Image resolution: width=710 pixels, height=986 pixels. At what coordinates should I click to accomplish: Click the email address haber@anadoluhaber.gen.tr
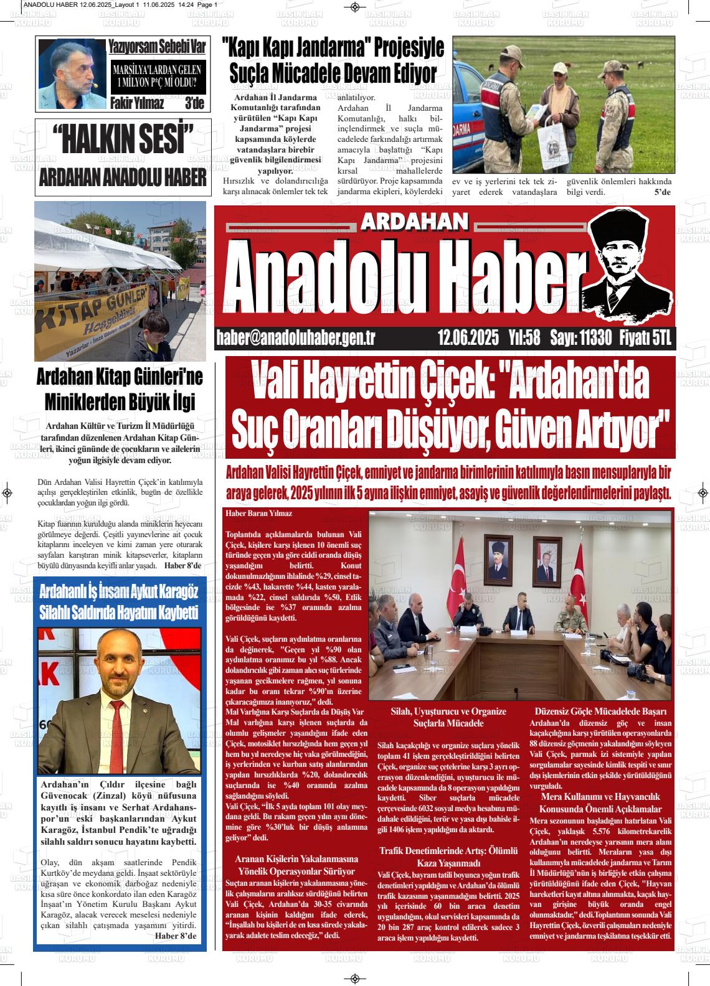click(295, 338)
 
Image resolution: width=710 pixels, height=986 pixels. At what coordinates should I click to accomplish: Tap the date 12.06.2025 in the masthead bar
click(468, 338)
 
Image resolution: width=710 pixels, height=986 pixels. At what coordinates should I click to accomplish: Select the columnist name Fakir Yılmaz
click(137, 103)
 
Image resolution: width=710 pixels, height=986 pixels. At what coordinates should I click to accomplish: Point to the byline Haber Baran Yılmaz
click(258, 514)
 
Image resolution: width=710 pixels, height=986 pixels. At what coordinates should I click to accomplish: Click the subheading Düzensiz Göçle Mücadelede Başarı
click(600, 711)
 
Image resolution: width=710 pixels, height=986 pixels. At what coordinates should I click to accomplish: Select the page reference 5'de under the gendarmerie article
click(661, 192)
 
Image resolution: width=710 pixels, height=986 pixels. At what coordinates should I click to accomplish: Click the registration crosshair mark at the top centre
click(354, 7)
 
